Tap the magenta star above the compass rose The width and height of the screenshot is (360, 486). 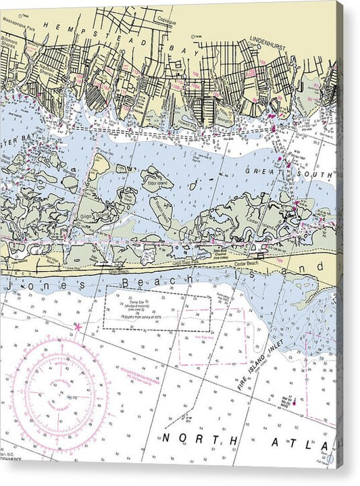coord(78,327)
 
